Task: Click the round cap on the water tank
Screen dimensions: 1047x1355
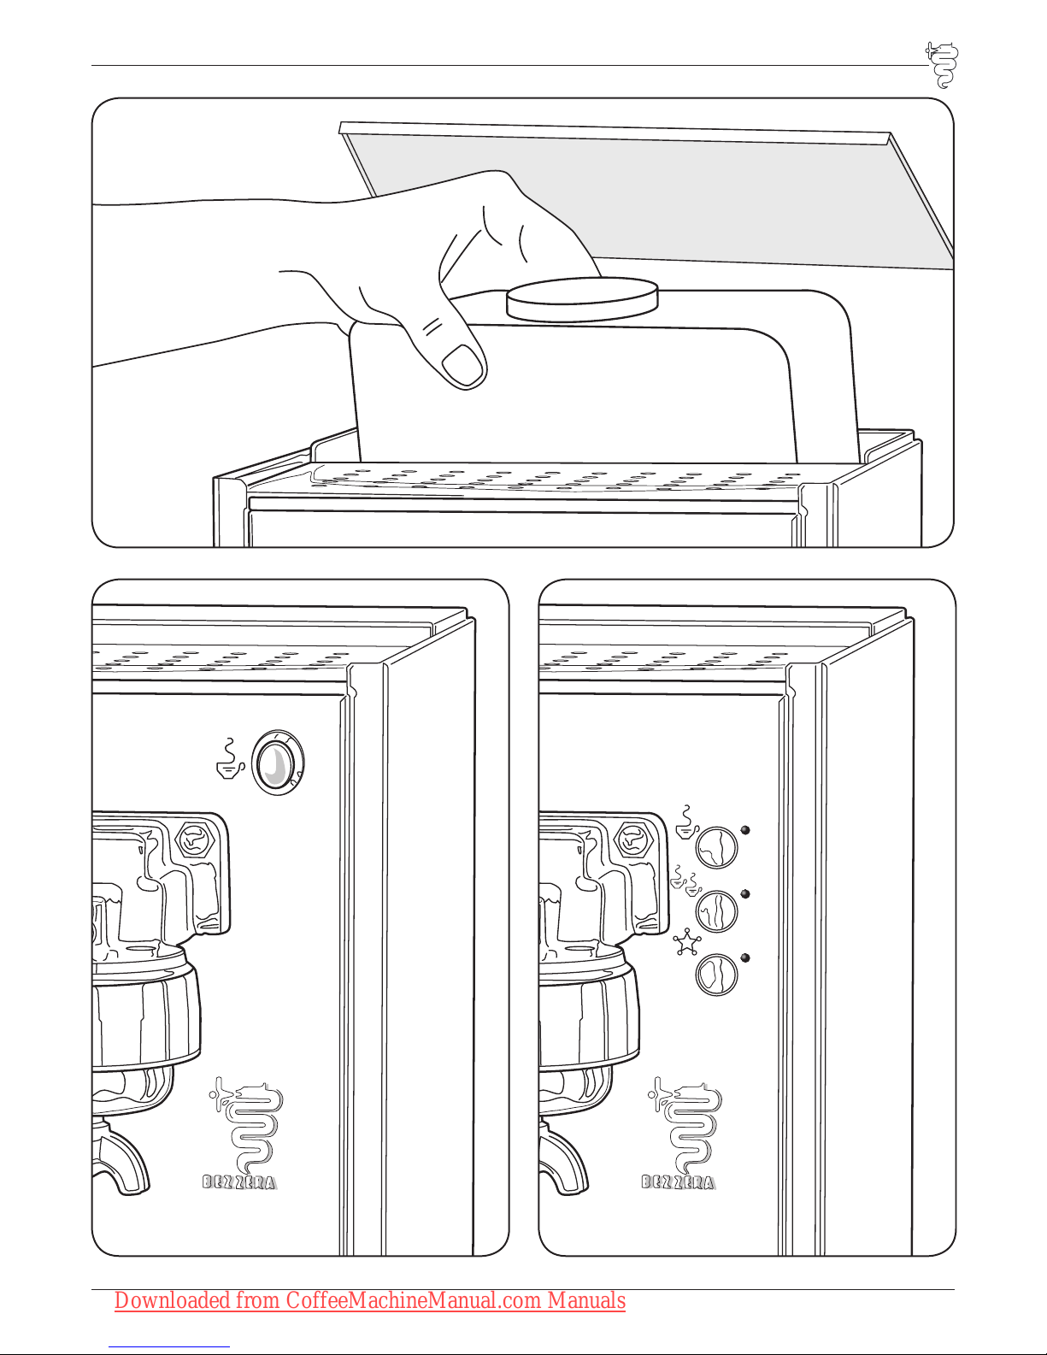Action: pos(582,300)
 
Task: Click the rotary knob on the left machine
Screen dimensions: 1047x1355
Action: pos(278,762)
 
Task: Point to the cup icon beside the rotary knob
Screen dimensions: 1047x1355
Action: pos(230,759)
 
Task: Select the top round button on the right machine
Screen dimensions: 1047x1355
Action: pos(716,847)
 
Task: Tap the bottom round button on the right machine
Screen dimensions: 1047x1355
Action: pos(716,975)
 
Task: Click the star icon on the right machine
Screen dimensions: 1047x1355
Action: pos(687,942)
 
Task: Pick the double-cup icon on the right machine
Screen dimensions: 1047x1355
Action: pos(685,879)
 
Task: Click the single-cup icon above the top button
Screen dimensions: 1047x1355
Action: pos(687,822)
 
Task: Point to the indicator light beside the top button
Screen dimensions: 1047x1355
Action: pos(745,831)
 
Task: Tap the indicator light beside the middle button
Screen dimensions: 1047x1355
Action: pos(745,894)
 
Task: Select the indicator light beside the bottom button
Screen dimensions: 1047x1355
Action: pos(745,957)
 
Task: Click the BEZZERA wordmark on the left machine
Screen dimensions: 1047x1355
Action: pos(240,1182)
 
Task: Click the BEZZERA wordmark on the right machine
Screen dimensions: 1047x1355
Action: pos(679,1182)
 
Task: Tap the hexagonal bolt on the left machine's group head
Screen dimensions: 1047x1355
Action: pos(196,840)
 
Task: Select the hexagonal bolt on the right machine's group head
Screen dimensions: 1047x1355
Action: pos(634,840)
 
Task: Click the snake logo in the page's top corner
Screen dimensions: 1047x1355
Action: pos(943,65)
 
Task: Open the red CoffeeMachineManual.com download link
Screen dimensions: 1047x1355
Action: pos(369,1300)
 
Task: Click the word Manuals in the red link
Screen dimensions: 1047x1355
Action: pos(586,1300)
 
